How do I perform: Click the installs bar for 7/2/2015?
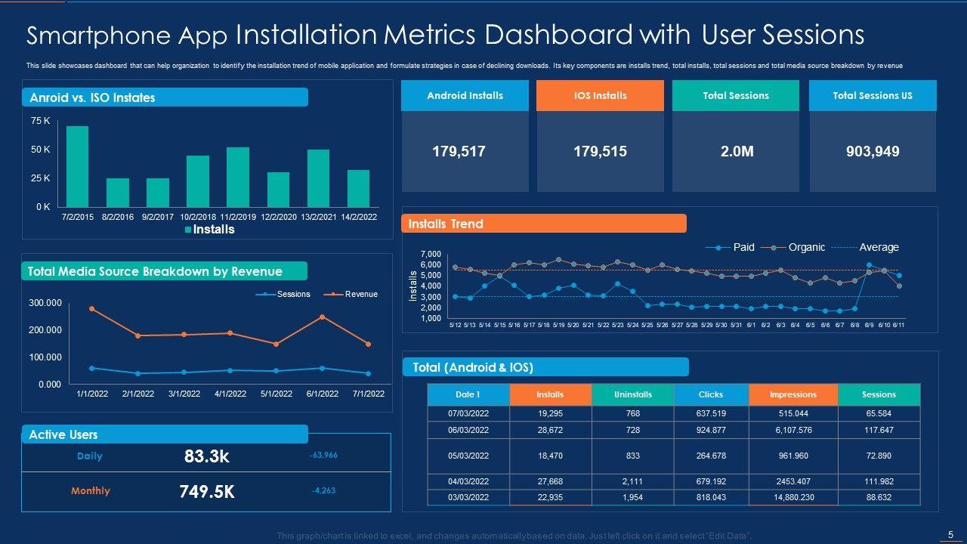pyautogui.click(x=77, y=166)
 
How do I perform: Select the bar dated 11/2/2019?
pyautogui.click(x=238, y=177)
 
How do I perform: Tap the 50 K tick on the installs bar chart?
pyautogui.click(x=41, y=150)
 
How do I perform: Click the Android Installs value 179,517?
pyautogui.click(x=459, y=152)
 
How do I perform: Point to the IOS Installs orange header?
pyautogui.click(x=600, y=96)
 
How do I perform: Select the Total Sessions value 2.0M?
pyautogui.click(x=736, y=152)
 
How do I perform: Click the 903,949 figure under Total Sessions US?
pyautogui.click(x=872, y=152)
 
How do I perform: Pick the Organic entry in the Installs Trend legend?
pyautogui.click(x=806, y=247)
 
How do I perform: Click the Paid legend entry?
pyautogui.click(x=743, y=247)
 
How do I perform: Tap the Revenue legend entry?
pyautogui.click(x=360, y=294)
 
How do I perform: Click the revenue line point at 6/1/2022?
pyautogui.click(x=322, y=317)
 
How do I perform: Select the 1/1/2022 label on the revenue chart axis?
pyautogui.click(x=91, y=394)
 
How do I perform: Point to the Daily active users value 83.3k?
pyautogui.click(x=206, y=456)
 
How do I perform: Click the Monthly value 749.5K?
pyautogui.click(x=206, y=492)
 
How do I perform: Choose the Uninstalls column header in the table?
pyautogui.click(x=633, y=394)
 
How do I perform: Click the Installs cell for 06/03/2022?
pyautogui.click(x=550, y=430)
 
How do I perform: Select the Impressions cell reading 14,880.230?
pyautogui.click(x=793, y=497)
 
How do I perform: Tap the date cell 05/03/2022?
pyautogui.click(x=468, y=456)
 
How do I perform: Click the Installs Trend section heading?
pyautogui.click(x=446, y=224)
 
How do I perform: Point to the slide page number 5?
pyautogui.click(x=950, y=535)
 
